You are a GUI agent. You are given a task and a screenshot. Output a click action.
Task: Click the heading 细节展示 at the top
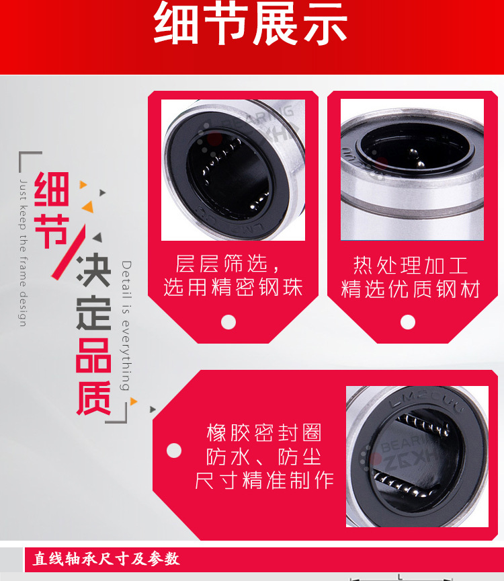tap(251, 25)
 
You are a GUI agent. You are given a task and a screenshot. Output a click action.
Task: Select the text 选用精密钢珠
tap(233, 288)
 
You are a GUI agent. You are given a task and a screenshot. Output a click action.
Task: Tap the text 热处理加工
tap(411, 264)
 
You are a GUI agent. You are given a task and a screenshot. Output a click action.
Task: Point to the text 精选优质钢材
tap(411, 289)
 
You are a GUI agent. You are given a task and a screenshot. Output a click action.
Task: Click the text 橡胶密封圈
tap(264, 432)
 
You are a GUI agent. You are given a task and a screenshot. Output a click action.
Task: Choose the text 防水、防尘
tap(263, 457)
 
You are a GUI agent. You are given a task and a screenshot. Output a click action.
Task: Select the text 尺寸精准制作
tap(264, 481)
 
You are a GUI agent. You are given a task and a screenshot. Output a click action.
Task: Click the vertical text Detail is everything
tap(126, 325)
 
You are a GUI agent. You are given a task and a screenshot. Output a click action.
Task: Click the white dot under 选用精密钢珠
tap(228, 322)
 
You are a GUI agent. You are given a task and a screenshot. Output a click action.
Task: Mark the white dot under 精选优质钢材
tap(408, 322)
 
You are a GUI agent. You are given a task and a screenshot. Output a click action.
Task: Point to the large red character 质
tap(93, 398)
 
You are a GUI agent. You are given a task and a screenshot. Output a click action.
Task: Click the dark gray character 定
tap(93, 313)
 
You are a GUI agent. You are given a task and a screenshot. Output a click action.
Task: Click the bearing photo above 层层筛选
tap(233, 170)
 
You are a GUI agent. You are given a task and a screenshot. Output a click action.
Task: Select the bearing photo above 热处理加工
tap(412, 170)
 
